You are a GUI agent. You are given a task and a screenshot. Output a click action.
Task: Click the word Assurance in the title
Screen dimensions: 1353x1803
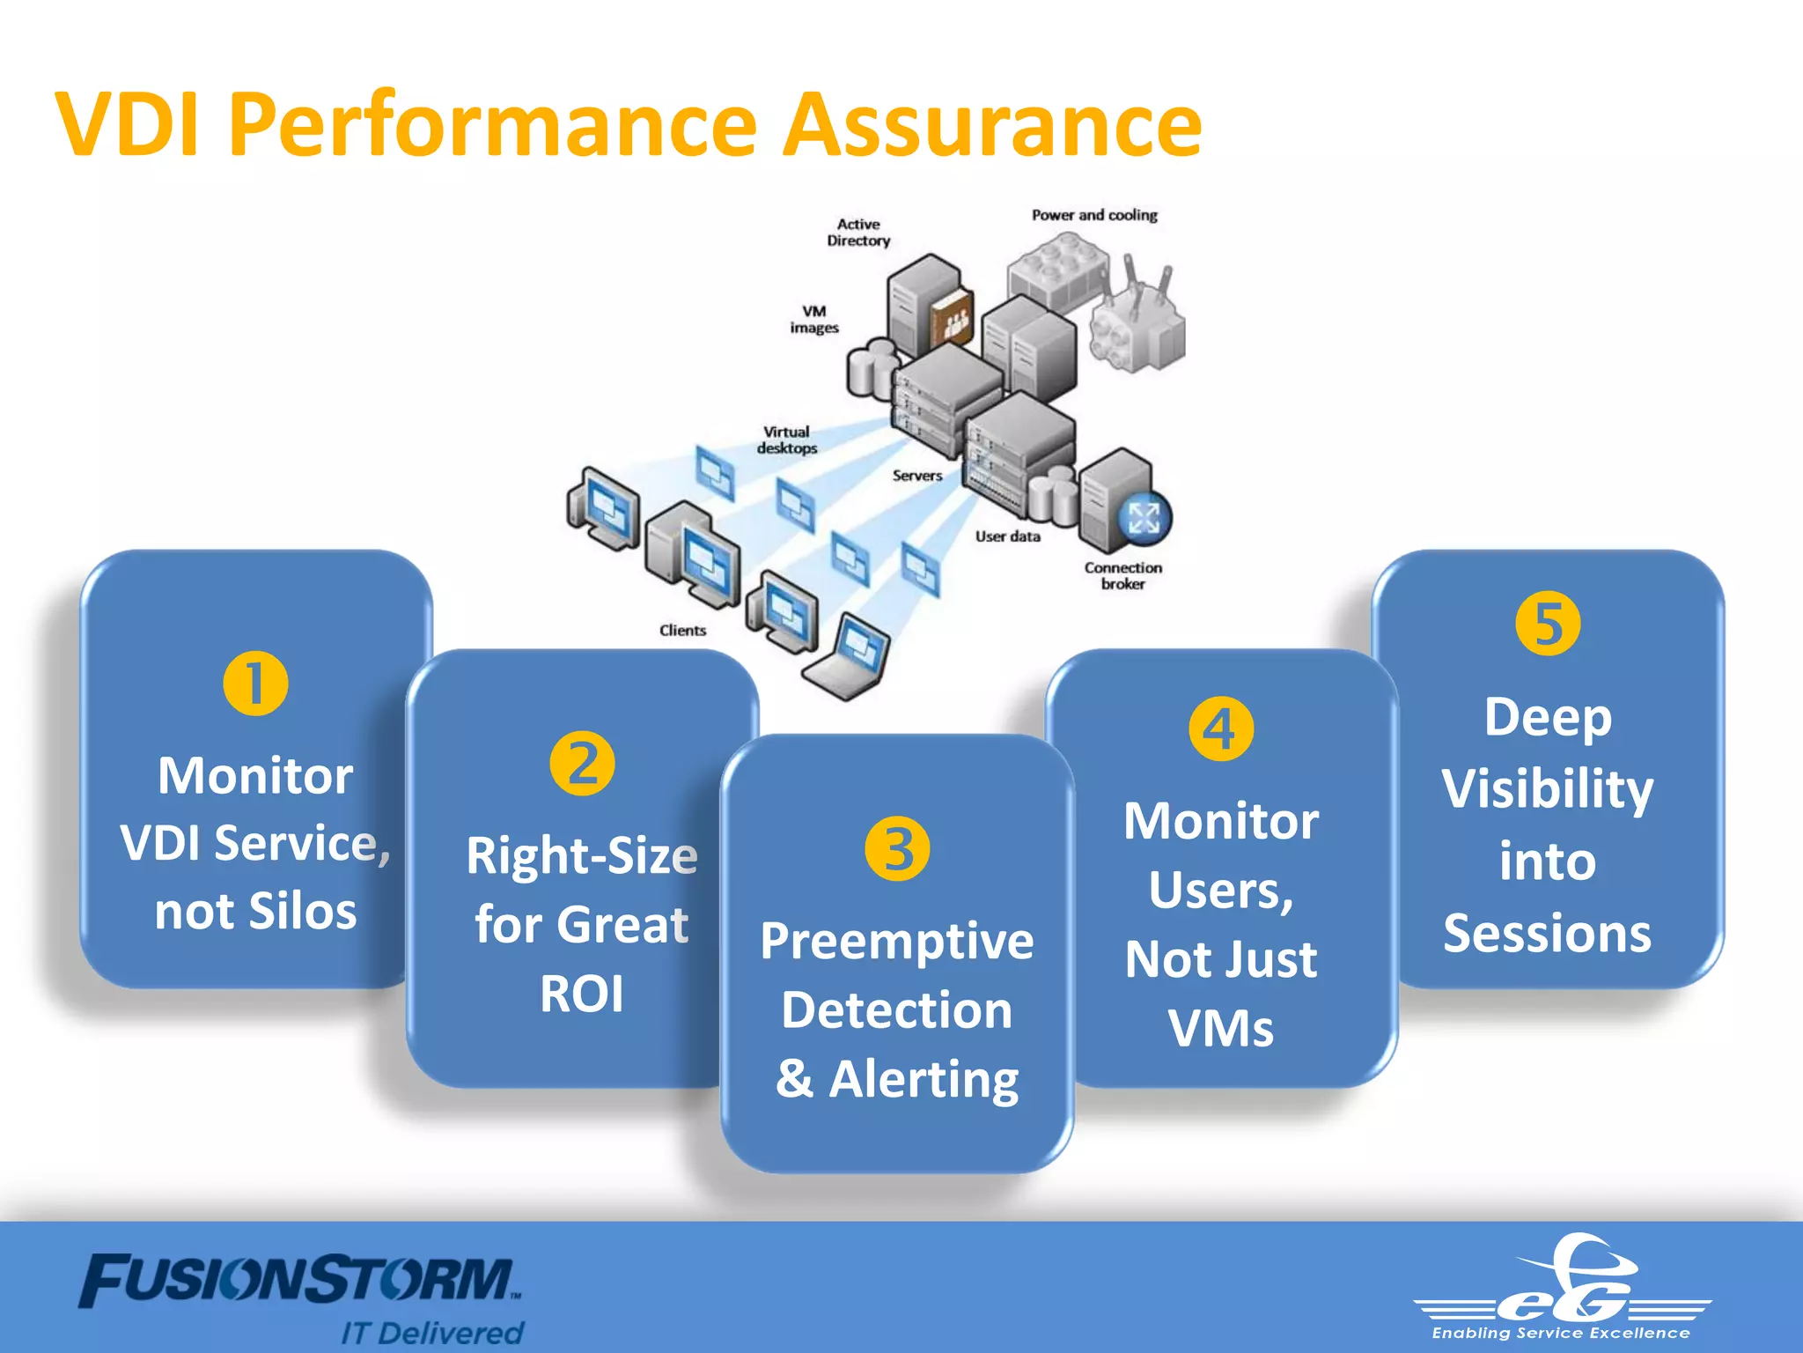tap(992, 126)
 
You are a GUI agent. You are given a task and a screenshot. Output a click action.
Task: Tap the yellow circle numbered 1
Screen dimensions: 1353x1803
tap(255, 684)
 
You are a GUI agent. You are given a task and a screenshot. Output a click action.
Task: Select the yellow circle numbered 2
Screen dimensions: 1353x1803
tap(582, 763)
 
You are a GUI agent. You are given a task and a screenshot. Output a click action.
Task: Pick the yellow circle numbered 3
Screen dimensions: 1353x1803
tap(897, 849)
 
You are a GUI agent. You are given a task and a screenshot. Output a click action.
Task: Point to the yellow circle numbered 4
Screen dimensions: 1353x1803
tap(1221, 728)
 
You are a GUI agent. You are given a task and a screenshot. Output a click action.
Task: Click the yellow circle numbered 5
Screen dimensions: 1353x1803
tap(1548, 624)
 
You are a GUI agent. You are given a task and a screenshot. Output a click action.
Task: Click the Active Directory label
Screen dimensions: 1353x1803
tap(858, 233)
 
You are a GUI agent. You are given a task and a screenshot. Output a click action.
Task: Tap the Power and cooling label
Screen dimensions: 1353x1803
tap(1094, 215)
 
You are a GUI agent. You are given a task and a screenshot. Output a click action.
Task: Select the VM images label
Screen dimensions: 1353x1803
tap(814, 319)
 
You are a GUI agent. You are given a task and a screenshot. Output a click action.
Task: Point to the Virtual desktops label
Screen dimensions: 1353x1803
tap(787, 440)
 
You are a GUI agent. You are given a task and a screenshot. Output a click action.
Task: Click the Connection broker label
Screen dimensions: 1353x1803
tap(1122, 575)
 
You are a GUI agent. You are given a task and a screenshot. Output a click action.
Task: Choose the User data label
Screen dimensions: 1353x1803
tap(1007, 536)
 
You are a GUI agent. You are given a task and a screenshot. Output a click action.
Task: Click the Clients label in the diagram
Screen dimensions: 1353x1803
tap(682, 631)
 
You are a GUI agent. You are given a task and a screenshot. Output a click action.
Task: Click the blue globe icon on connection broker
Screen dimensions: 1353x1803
tap(1144, 518)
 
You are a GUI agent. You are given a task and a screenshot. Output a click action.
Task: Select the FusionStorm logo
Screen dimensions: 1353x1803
tap(299, 1282)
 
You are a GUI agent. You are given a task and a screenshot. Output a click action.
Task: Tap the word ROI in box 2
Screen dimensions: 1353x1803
tap(582, 994)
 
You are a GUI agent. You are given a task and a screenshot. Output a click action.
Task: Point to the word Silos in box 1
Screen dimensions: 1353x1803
tap(302, 911)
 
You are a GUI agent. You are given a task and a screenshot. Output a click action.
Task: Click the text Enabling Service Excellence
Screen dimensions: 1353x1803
tap(1561, 1334)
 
